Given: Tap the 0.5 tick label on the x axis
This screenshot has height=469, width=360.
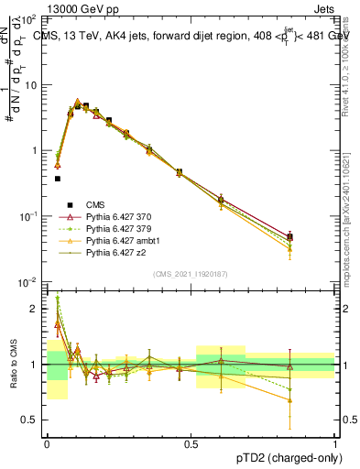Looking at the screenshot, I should click(x=191, y=442).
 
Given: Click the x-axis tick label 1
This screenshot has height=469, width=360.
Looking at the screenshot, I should click(x=334, y=442).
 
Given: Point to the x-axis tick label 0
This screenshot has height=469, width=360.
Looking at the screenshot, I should click(x=47, y=442).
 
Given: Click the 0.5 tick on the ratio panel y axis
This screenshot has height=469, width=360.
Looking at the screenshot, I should click(x=33, y=420).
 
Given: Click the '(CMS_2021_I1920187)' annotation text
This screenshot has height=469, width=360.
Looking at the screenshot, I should click(x=191, y=275).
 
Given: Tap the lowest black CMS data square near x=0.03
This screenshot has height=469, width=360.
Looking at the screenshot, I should click(x=58, y=179).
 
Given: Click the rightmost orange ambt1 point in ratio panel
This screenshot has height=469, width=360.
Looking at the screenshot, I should click(x=290, y=400).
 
